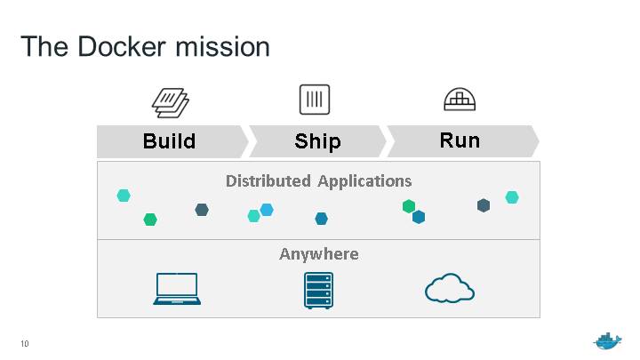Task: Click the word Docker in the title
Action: (120, 46)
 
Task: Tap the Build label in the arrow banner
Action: (169, 141)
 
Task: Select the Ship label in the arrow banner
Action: (317, 141)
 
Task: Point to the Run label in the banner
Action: (460, 140)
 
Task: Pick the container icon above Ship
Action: (315, 100)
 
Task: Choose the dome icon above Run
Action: (460, 100)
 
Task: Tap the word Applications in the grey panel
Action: (365, 181)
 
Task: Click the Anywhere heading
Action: (319, 254)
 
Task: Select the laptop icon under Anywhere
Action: (177, 289)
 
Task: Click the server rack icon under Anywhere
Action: (318, 290)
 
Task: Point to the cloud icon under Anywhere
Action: (450, 288)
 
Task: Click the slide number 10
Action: (24, 343)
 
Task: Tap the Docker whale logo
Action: (608, 341)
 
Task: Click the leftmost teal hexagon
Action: (124, 196)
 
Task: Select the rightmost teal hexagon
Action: (512, 197)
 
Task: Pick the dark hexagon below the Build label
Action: (202, 210)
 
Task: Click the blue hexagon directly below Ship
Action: (321, 219)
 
